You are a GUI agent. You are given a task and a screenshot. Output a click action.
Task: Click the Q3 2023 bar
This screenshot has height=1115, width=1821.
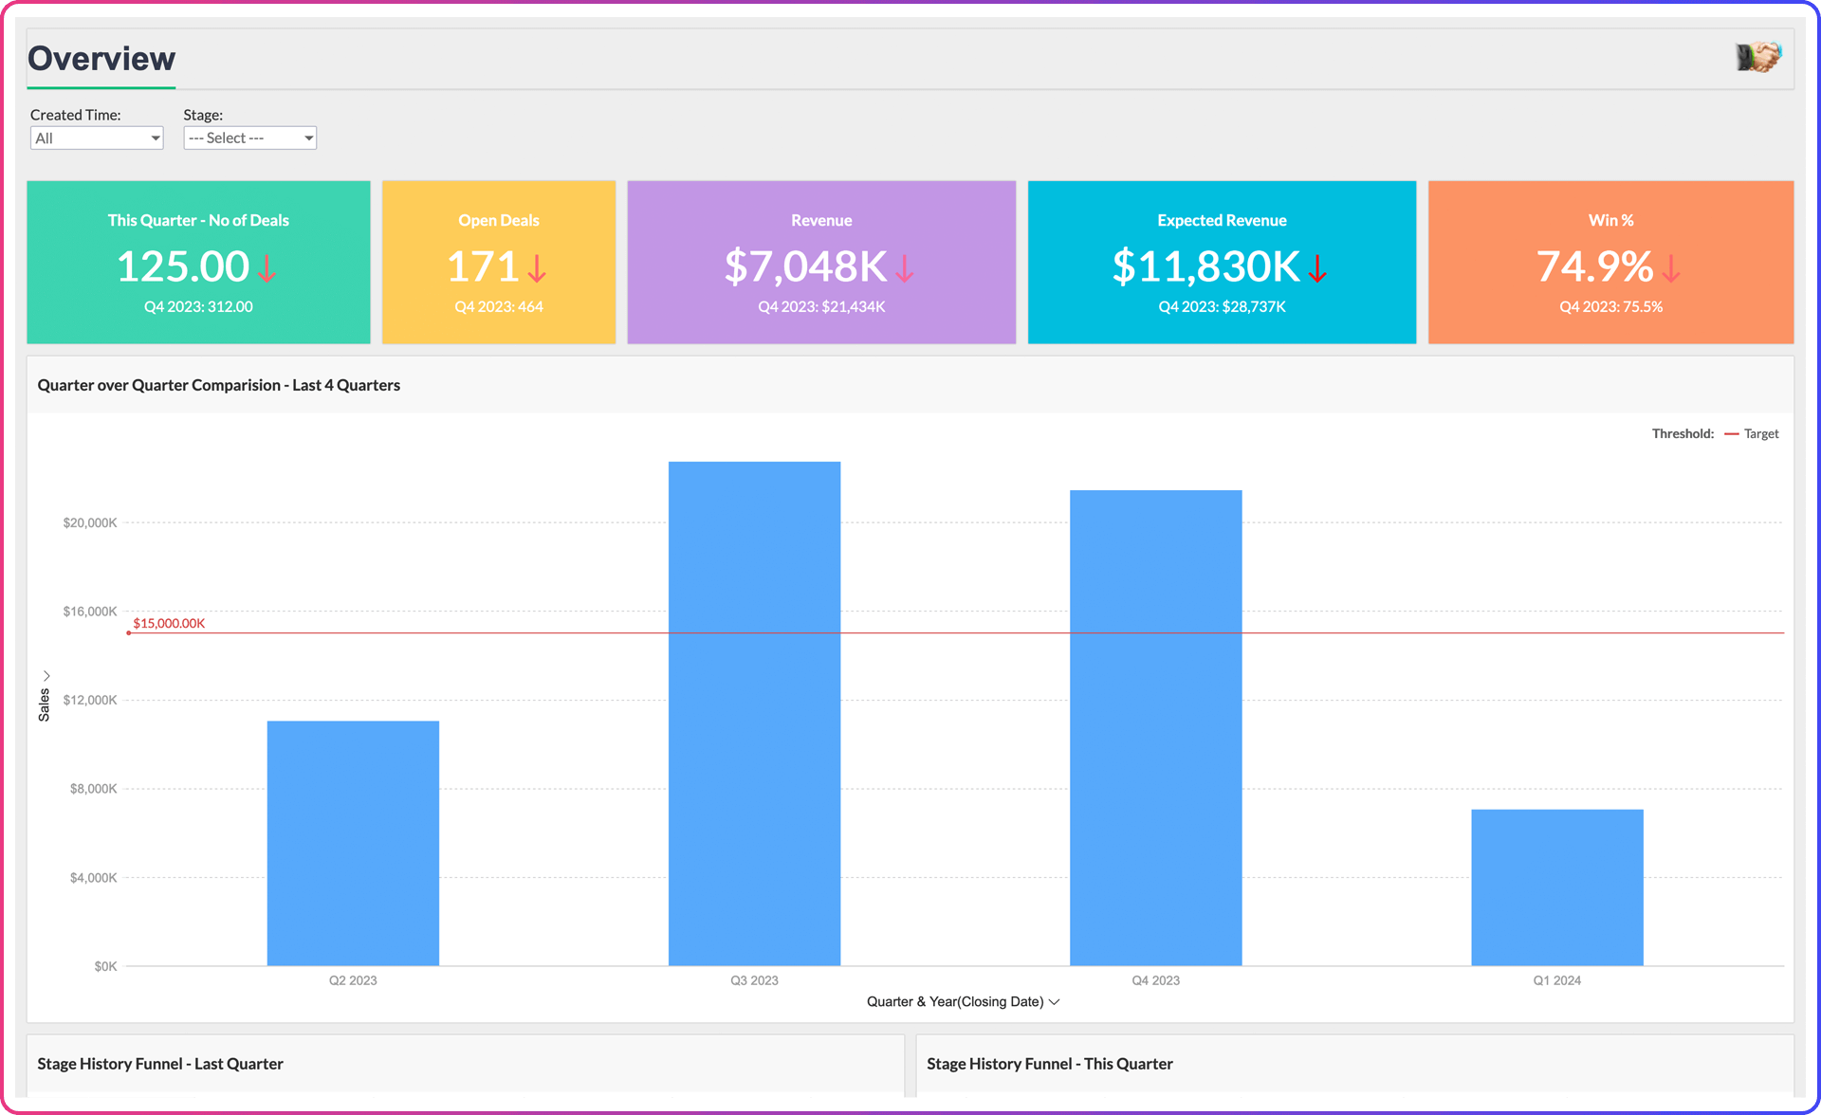click(x=754, y=713)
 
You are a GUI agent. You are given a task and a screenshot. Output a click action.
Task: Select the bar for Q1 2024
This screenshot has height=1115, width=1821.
click(x=1556, y=887)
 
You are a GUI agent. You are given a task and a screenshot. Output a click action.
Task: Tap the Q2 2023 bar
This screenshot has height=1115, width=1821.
click(x=353, y=843)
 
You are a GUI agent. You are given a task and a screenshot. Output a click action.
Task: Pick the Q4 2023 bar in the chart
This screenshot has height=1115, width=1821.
click(x=1155, y=727)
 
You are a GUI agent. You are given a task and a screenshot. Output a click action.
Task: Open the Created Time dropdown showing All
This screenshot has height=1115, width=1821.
click(x=97, y=138)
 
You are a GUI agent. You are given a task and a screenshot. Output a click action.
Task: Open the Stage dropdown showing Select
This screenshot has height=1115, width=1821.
click(x=249, y=138)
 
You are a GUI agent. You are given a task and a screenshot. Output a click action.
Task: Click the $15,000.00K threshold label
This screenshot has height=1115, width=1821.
click(x=169, y=623)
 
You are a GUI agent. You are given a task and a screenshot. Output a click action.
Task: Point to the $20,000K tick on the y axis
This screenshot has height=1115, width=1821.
click(x=90, y=522)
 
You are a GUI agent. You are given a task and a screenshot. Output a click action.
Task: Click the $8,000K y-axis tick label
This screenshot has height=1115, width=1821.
click(x=93, y=789)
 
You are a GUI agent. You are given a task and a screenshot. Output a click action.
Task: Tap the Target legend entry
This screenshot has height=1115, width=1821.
click(x=1760, y=433)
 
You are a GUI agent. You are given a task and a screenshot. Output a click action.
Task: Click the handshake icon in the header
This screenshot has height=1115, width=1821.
click(x=1758, y=57)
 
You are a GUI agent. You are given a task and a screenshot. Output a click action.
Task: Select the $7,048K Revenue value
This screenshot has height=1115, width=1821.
click(x=805, y=266)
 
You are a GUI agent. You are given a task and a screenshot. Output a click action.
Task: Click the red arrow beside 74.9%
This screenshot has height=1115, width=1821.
click(x=1671, y=268)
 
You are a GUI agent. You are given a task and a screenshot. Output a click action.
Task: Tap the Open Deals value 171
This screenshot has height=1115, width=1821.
click(x=483, y=266)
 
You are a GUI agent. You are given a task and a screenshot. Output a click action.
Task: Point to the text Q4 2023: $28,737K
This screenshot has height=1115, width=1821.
click(x=1222, y=306)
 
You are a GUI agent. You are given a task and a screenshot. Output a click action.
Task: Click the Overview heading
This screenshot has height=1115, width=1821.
click(x=101, y=59)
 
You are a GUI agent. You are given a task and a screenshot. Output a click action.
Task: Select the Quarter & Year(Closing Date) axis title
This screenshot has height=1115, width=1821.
click(x=955, y=1001)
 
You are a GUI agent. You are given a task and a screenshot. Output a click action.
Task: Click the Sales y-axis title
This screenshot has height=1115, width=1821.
click(x=44, y=704)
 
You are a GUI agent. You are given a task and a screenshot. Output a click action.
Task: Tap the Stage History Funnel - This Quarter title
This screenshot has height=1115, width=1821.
click(x=1049, y=1064)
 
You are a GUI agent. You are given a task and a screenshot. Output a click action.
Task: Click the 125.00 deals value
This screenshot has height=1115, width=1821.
click(x=183, y=266)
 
